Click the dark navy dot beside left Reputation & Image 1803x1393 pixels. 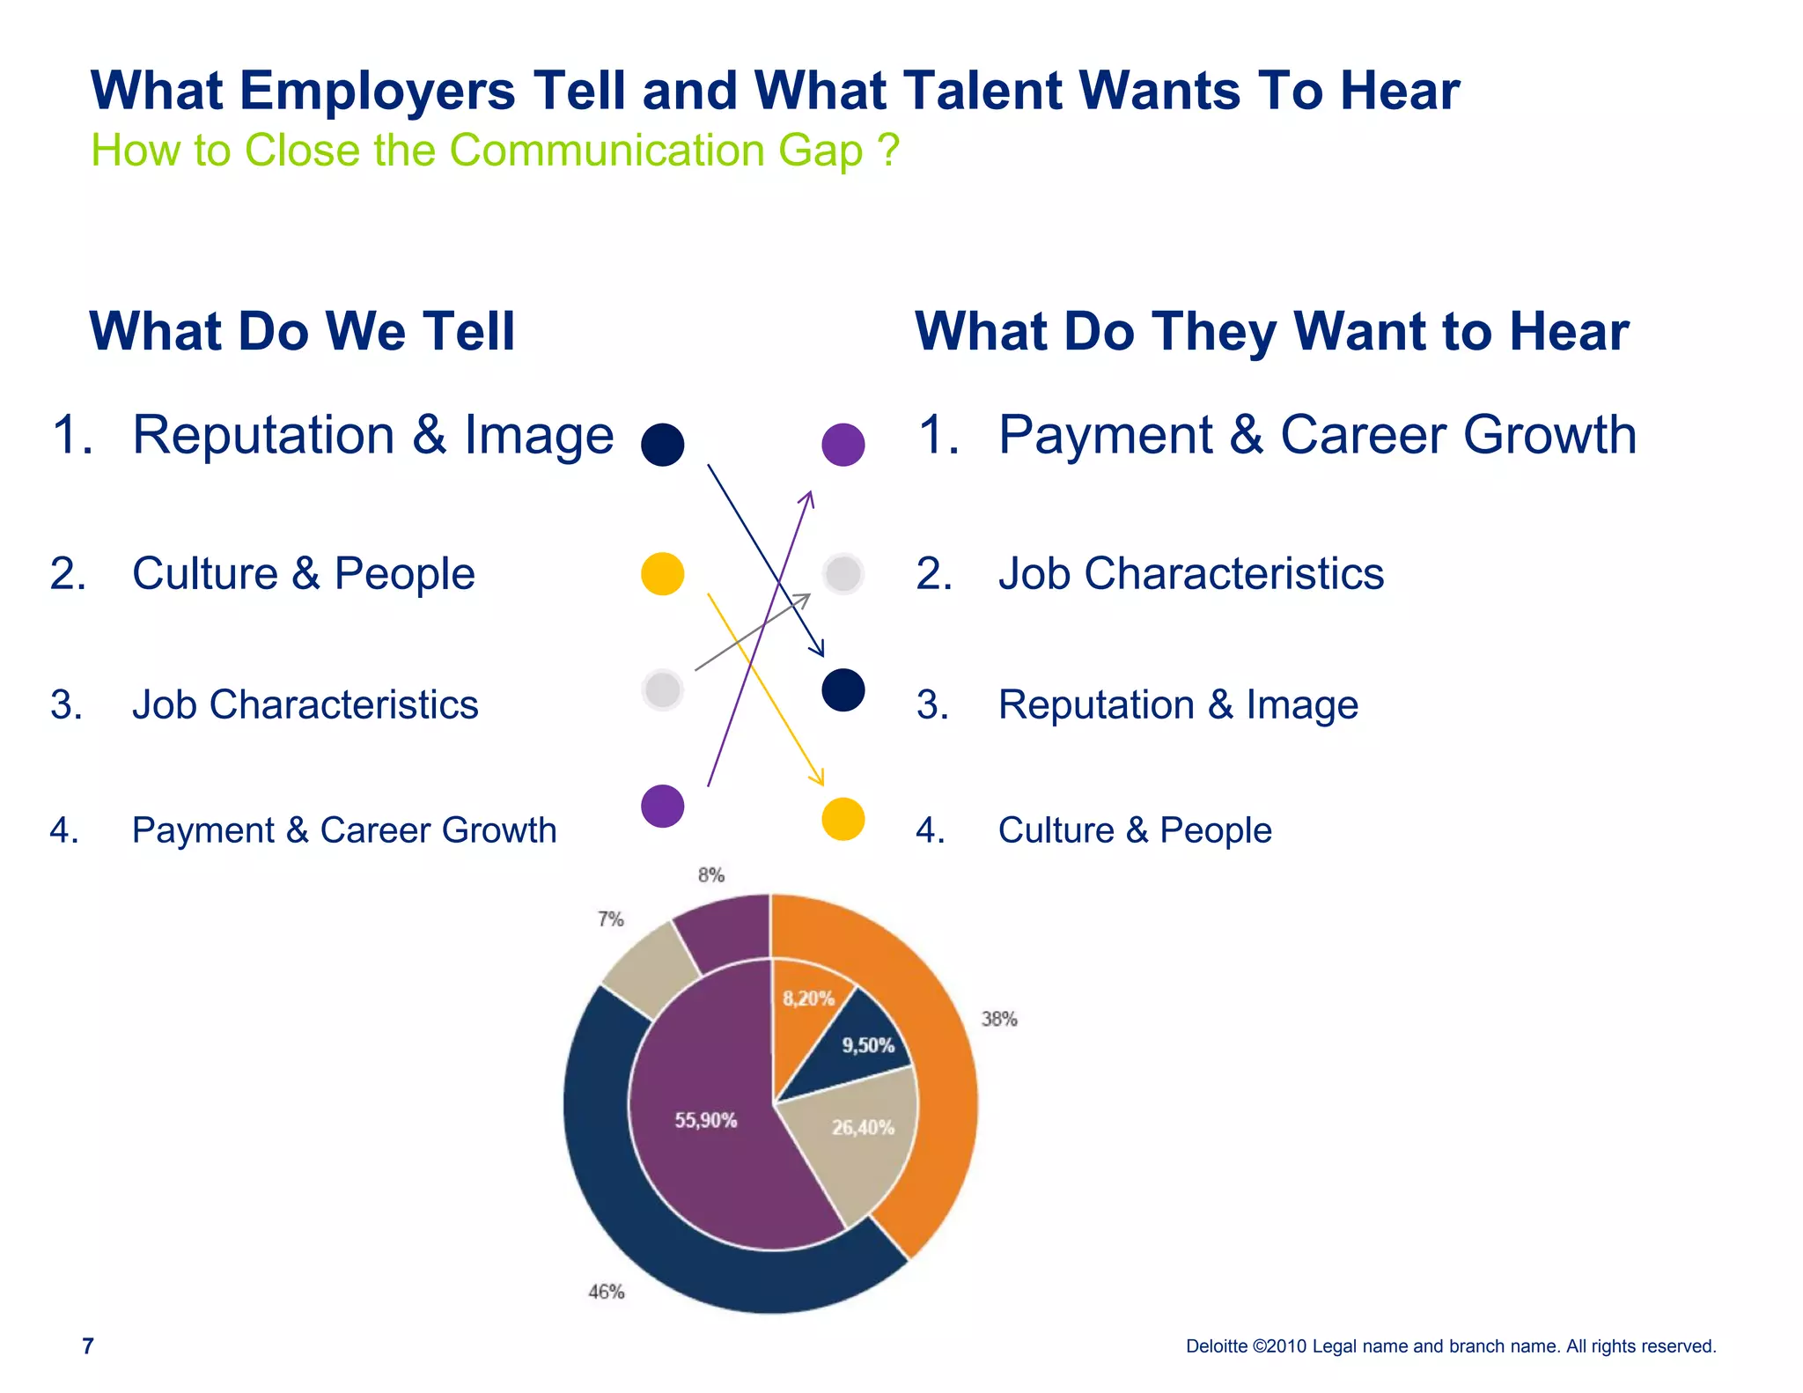click(663, 444)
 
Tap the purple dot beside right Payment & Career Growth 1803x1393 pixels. click(843, 444)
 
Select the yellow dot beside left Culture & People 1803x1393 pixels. click(663, 574)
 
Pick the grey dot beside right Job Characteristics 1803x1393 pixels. click(843, 574)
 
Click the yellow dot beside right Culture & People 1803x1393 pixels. click(843, 819)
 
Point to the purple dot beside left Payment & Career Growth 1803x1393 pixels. click(663, 806)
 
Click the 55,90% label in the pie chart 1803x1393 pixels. click(706, 1120)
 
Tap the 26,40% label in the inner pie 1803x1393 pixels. click(863, 1127)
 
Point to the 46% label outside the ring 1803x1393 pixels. click(607, 1292)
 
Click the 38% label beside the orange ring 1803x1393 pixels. click(999, 1019)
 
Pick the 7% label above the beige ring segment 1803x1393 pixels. click(611, 919)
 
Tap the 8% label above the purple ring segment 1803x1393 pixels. click(711, 875)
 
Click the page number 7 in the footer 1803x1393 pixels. click(87, 1345)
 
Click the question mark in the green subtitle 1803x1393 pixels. click(888, 150)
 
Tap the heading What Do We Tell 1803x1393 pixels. click(302, 331)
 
